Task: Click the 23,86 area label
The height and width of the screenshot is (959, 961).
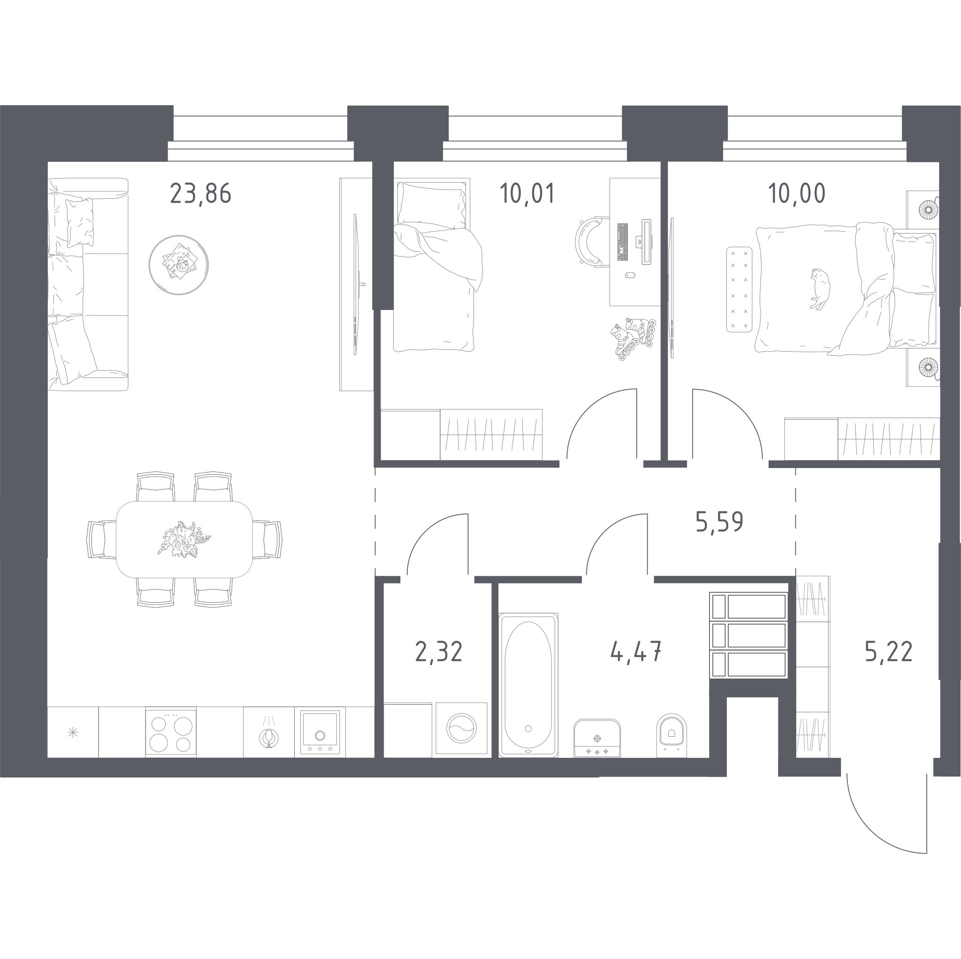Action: [x=200, y=193]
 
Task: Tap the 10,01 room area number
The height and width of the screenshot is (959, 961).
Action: [x=527, y=193]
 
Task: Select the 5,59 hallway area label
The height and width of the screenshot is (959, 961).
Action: [x=719, y=522]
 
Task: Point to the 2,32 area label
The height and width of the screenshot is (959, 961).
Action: [x=439, y=652]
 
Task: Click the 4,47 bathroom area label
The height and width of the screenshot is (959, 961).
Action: [x=636, y=652]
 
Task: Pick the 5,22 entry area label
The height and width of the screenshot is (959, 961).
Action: [x=889, y=652]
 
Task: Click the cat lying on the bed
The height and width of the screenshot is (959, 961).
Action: [x=819, y=289]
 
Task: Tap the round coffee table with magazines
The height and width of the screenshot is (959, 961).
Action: [x=179, y=265]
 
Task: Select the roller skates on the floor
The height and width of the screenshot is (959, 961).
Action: [x=633, y=338]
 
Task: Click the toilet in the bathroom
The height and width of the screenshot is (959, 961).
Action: [x=671, y=735]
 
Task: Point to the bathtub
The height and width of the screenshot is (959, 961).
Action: [x=528, y=685]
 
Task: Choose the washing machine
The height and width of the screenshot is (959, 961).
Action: [x=461, y=729]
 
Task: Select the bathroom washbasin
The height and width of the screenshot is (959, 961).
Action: [x=597, y=738]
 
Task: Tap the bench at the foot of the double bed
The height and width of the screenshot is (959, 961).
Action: [x=739, y=289]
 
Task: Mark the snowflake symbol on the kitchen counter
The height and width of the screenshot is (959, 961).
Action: [x=73, y=732]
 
